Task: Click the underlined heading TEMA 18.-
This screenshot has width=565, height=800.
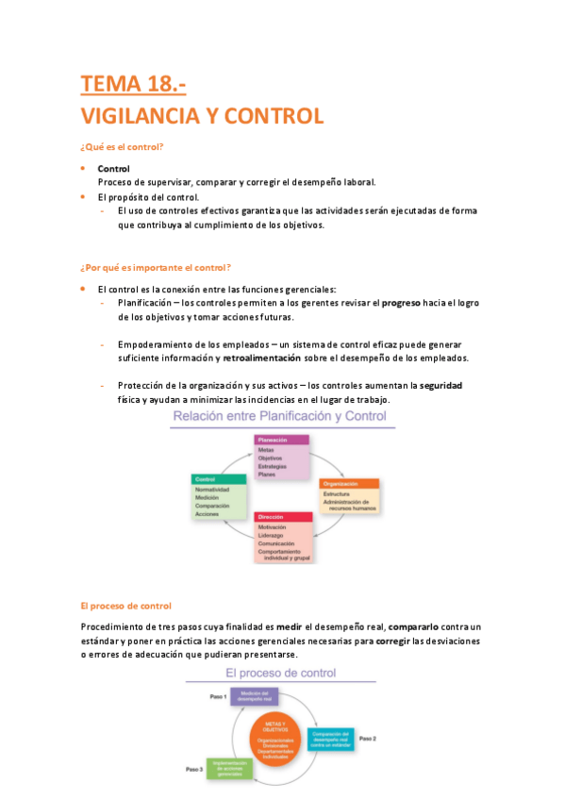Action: point(133,85)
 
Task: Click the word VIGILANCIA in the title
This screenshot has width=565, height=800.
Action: point(139,117)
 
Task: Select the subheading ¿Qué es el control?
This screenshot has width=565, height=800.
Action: point(123,146)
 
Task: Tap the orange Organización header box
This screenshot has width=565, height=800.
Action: point(349,483)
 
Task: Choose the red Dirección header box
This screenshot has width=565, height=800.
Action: point(283,517)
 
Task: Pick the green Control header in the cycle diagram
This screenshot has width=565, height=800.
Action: point(220,479)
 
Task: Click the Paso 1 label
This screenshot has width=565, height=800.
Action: point(219,695)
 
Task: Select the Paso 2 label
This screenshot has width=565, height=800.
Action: point(369,739)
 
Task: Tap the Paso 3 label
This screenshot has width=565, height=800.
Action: point(194,770)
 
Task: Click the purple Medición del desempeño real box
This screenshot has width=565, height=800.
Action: point(256,697)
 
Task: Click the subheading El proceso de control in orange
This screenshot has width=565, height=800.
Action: point(125,605)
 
